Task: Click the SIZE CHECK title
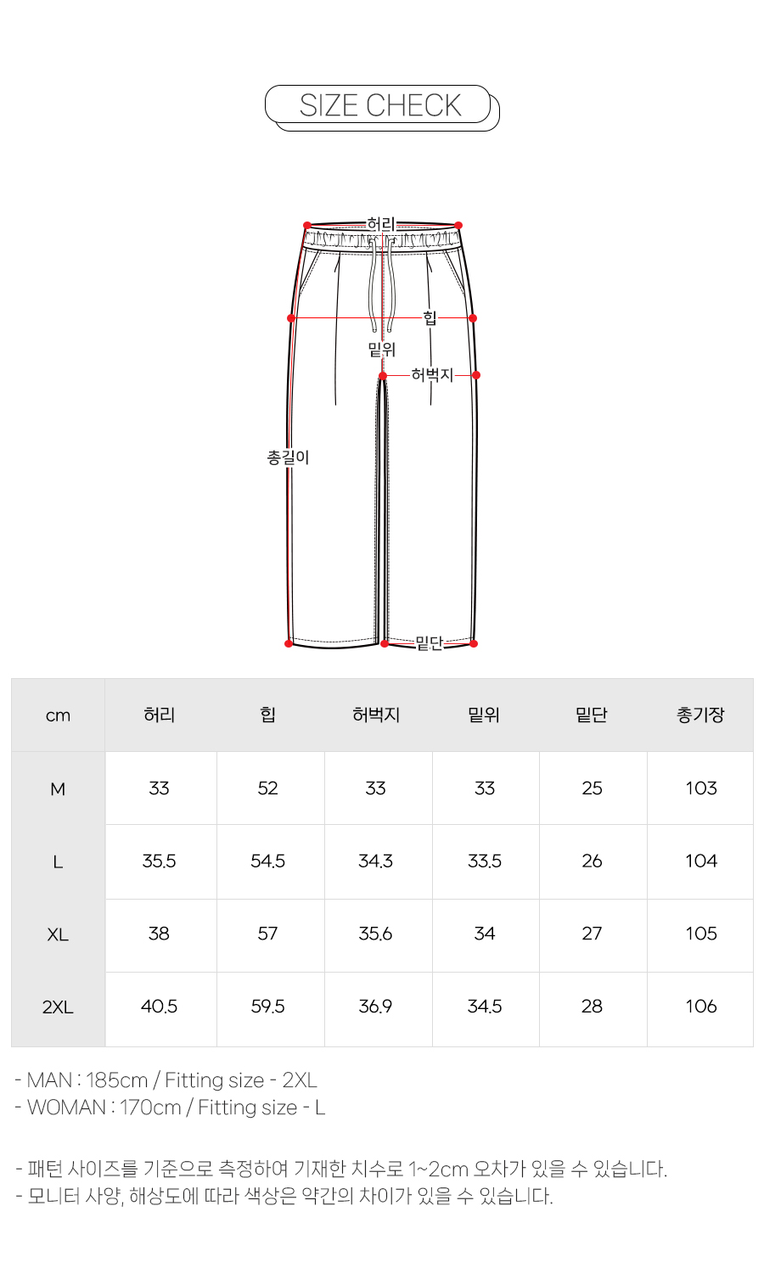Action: point(380,105)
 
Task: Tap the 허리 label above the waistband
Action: point(381,224)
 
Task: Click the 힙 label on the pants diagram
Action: point(430,318)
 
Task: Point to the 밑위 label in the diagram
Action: point(382,350)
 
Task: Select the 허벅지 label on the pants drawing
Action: point(432,374)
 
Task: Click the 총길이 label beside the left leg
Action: point(288,457)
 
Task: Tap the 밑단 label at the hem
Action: point(430,642)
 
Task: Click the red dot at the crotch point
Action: point(383,376)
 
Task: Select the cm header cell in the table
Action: point(58,715)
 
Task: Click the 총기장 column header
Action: point(700,715)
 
